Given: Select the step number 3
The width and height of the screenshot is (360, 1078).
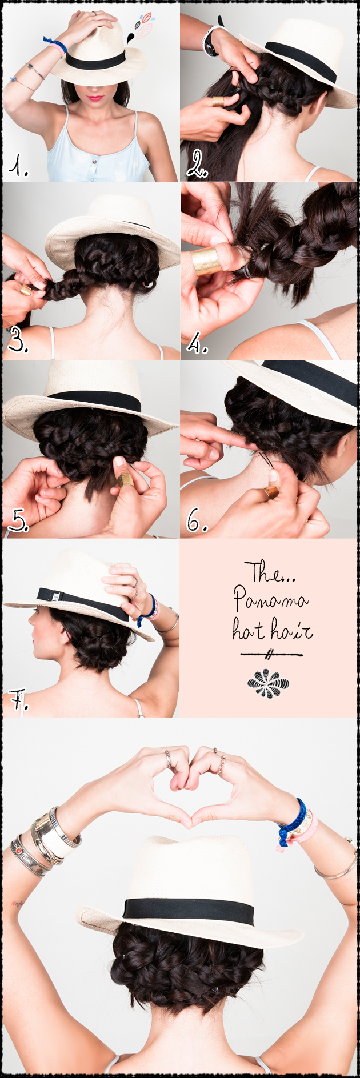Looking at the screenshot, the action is [18, 342].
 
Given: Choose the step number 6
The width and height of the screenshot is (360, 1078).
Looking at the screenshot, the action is [196, 520].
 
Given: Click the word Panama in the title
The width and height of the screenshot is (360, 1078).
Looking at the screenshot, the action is [270, 600].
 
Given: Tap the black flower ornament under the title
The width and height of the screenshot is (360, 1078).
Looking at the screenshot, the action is [268, 682].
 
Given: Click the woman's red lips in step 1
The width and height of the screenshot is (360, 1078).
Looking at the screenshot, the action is [94, 98].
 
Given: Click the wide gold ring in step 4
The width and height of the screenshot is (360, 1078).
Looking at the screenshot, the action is [207, 261].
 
